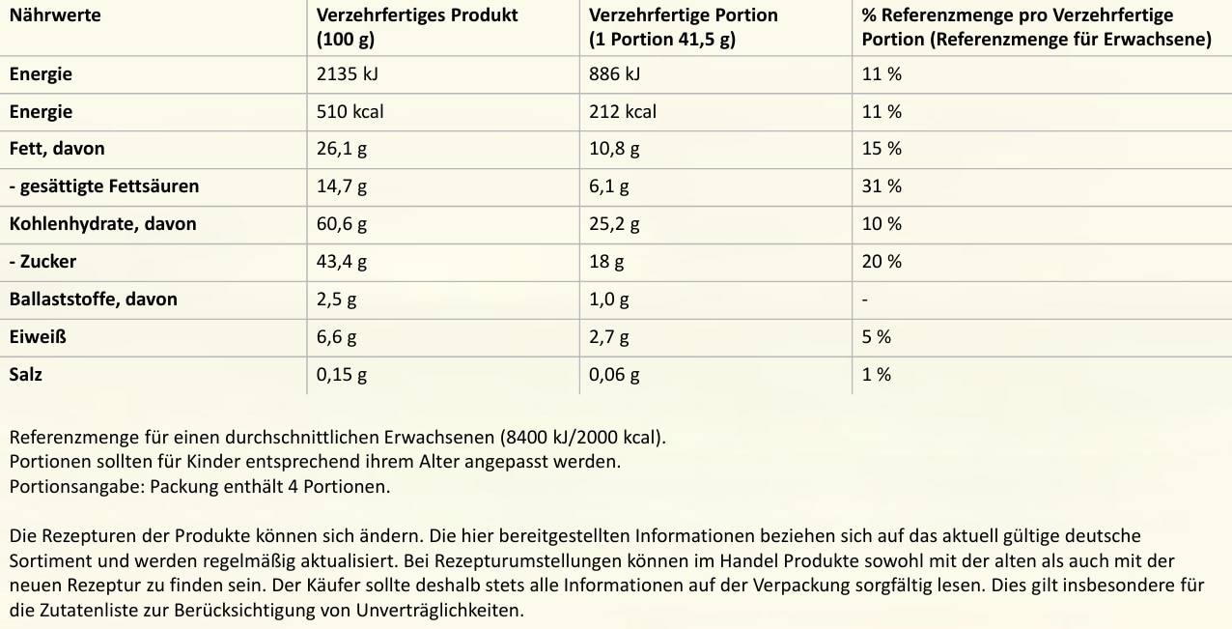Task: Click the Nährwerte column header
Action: (55, 15)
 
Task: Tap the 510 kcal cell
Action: (350, 112)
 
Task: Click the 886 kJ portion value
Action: (615, 74)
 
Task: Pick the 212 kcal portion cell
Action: (623, 112)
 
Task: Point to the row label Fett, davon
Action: (57, 149)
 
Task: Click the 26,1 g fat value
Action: (342, 149)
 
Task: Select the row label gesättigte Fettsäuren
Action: (104, 186)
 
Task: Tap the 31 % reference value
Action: (882, 186)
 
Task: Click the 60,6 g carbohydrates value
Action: (342, 224)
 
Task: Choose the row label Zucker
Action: (43, 262)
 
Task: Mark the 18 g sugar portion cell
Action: (606, 262)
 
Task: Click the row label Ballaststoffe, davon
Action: (94, 300)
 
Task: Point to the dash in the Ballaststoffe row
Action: (865, 300)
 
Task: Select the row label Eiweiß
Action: (38, 337)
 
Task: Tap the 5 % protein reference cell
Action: (877, 337)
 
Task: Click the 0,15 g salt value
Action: (342, 375)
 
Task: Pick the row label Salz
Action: (26, 375)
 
